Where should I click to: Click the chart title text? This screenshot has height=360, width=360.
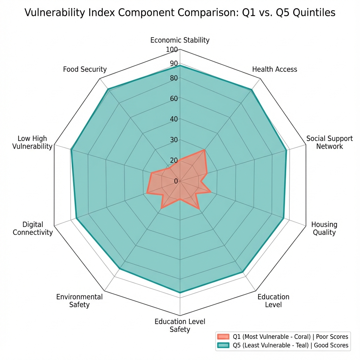(x=180, y=13)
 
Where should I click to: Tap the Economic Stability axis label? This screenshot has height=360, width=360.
(x=180, y=40)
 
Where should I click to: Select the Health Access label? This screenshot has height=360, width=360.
(x=275, y=69)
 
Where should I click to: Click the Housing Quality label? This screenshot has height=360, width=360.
(x=324, y=228)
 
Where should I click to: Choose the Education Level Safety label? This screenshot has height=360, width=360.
(x=180, y=325)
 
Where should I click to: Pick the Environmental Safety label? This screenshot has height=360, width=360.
(x=79, y=301)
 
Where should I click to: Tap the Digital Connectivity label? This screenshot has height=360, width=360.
(x=33, y=228)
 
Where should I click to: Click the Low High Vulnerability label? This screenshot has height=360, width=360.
(x=32, y=142)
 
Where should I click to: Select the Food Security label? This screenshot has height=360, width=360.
(x=85, y=69)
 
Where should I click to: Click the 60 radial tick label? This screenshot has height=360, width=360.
(x=174, y=98)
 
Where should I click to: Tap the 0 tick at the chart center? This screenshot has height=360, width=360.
(x=176, y=181)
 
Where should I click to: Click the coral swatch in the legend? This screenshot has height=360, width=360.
(x=223, y=336)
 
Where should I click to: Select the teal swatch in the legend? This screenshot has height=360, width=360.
(x=223, y=345)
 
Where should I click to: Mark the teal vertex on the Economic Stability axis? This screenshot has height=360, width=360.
(x=180, y=66)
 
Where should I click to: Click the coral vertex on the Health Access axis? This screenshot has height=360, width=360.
(x=204, y=150)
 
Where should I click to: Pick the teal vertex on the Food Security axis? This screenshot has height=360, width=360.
(x=108, y=89)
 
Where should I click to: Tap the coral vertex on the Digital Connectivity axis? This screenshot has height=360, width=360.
(x=147, y=192)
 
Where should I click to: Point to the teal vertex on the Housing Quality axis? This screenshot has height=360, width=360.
(x=283, y=218)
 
